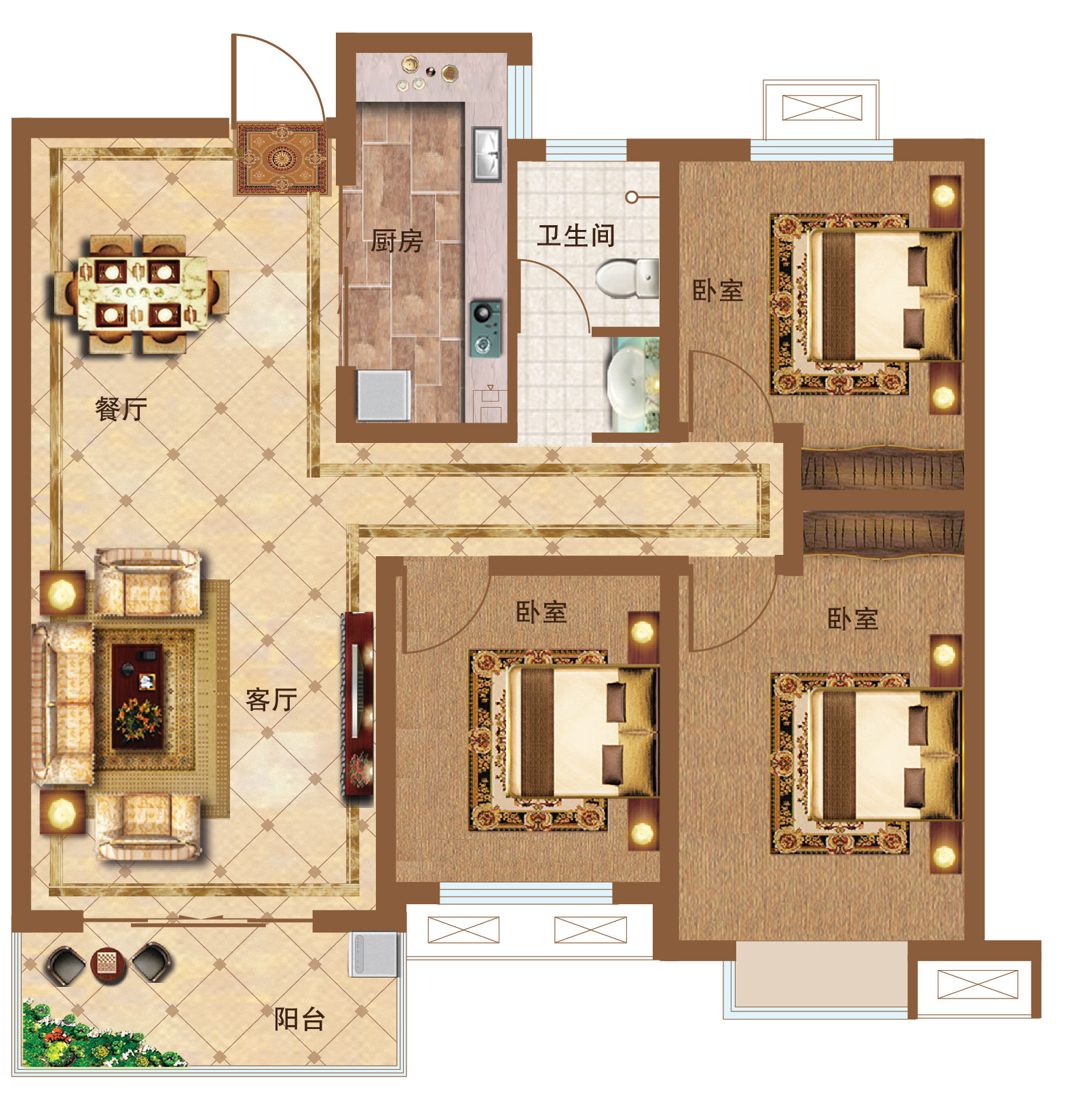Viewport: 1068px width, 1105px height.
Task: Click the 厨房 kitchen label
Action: click(397, 241)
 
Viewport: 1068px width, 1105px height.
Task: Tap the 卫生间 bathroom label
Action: click(576, 236)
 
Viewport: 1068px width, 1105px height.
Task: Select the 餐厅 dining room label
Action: click(121, 409)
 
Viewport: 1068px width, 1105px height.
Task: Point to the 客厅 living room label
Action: click(271, 699)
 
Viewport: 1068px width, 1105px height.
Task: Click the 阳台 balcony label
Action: click(300, 1018)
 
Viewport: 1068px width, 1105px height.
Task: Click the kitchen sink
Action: click(487, 154)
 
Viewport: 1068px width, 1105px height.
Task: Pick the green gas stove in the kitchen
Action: click(486, 328)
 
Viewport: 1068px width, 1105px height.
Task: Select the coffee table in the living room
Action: click(138, 696)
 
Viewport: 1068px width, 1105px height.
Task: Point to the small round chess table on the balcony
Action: click(109, 963)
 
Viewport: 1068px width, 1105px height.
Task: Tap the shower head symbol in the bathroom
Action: click(632, 197)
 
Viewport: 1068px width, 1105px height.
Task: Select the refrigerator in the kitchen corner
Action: click(384, 395)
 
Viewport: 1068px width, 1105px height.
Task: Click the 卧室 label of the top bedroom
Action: click(718, 290)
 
